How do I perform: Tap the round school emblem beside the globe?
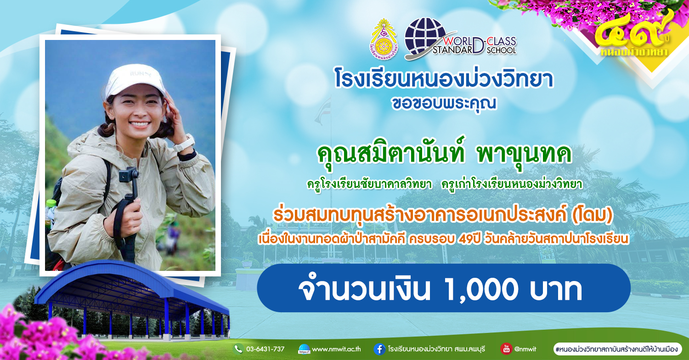384,39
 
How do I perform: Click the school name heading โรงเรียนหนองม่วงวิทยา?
444,79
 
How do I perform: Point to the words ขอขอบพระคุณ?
444,104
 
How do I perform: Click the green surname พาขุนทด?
524,154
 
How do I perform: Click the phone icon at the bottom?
238,349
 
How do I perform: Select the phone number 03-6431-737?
265,349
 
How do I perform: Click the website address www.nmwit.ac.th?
336,349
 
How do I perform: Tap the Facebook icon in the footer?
379,349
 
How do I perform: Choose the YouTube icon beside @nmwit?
506,349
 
